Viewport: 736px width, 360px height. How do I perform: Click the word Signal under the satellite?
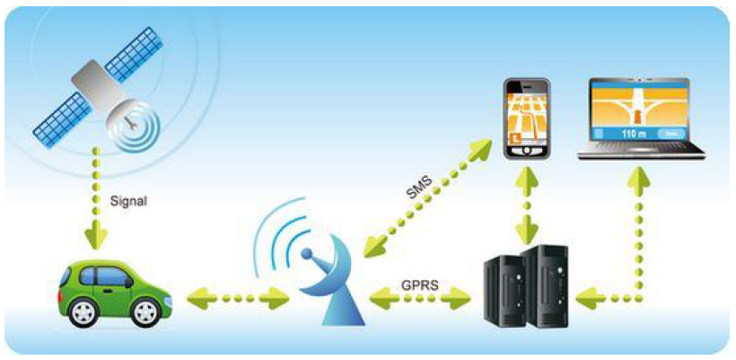pos(127,202)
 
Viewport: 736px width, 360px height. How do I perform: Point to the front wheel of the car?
pos(144,313)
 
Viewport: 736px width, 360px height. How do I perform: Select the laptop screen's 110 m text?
pos(634,133)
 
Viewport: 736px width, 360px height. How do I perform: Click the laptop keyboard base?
pos(640,154)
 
